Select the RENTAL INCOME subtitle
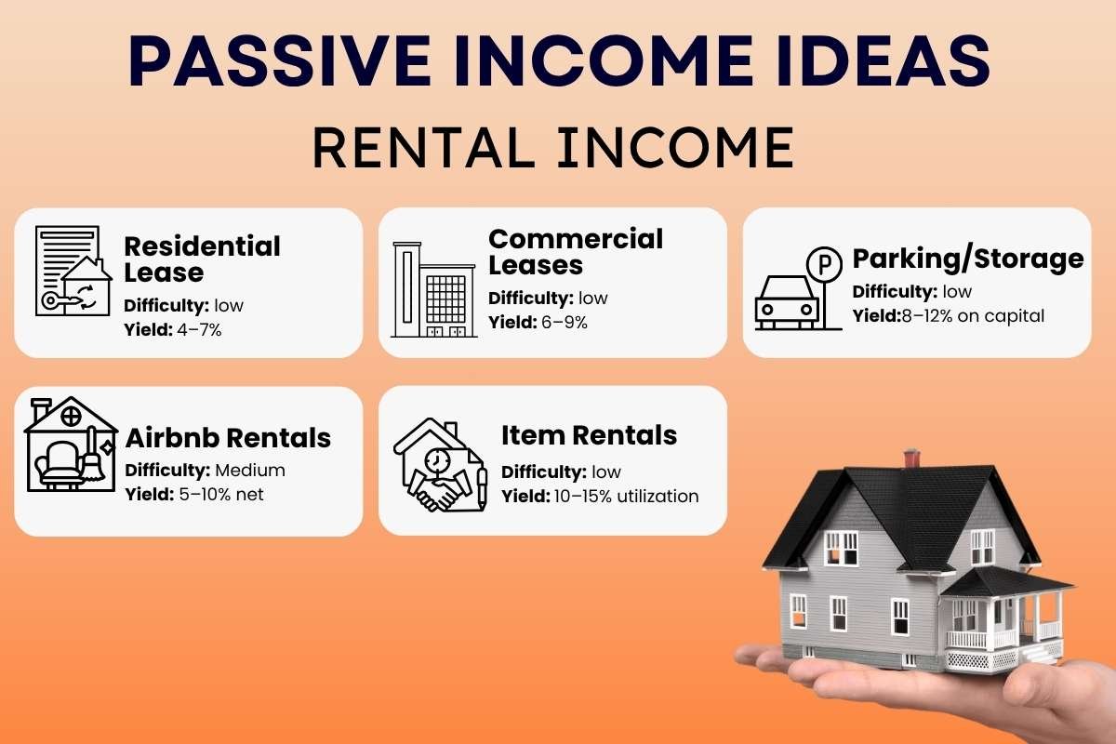[x=553, y=148]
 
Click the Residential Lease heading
[x=202, y=259]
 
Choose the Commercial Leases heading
[x=576, y=252]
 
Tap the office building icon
[x=433, y=289]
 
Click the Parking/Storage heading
[x=968, y=258]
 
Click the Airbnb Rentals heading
[x=228, y=438]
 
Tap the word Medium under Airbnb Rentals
[x=249, y=470]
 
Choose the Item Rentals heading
[x=589, y=435]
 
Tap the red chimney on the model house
[x=911, y=458]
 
